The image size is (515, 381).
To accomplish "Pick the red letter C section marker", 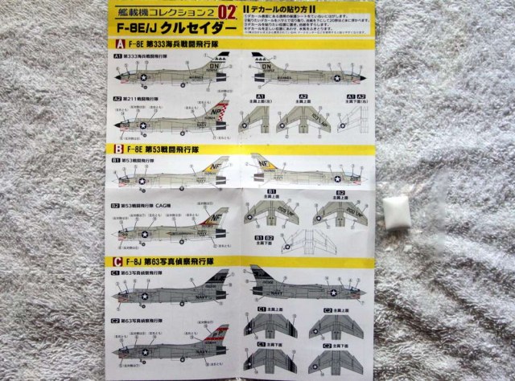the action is click(117, 260).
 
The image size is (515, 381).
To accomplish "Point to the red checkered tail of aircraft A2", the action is click(222, 116).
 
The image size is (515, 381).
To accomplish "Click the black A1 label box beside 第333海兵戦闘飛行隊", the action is click(117, 58).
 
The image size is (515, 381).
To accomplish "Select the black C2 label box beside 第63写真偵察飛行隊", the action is click(117, 320).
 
